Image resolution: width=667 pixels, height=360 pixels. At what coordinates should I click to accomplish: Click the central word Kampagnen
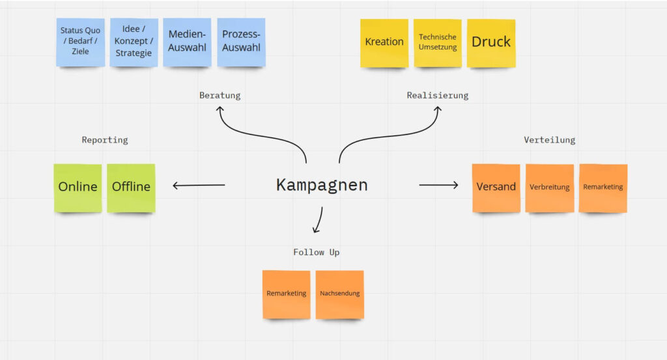point(322,185)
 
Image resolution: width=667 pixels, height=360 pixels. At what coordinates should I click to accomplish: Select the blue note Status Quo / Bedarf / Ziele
point(80,42)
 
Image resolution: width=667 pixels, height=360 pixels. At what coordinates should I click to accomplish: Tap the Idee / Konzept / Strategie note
point(134,42)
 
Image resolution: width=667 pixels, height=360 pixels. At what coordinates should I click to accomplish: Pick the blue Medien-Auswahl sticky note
point(187,42)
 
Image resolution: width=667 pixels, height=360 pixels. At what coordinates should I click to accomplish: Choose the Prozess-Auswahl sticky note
point(241,42)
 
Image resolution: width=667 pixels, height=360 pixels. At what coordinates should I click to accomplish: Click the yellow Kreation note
point(384,42)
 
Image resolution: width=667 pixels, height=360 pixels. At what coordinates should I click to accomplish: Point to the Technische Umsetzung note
point(438,42)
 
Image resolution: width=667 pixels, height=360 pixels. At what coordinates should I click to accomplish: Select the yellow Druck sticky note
point(491,42)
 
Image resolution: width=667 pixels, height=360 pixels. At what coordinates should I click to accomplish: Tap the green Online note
point(78,187)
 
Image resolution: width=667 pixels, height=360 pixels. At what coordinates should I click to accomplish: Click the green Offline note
point(131,187)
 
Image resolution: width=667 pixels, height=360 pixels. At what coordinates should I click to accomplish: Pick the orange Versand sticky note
point(496,187)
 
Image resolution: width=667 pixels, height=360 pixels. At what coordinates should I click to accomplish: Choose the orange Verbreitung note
point(550,187)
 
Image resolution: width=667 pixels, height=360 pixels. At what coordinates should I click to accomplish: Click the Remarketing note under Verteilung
point(603,187)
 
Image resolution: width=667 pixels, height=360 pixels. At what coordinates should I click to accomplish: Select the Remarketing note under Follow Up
point(287,294)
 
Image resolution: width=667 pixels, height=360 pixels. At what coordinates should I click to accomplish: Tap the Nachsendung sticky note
point(340,294)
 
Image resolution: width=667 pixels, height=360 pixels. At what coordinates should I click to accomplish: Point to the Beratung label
point(220,96)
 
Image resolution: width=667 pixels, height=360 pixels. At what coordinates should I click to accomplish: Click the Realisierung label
point(438,96)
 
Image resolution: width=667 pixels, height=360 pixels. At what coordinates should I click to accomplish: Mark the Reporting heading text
point(105,140)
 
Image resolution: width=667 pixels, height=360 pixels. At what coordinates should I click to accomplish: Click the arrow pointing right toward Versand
point(438,186)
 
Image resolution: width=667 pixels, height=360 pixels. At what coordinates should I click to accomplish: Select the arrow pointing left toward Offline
point(199,186)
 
